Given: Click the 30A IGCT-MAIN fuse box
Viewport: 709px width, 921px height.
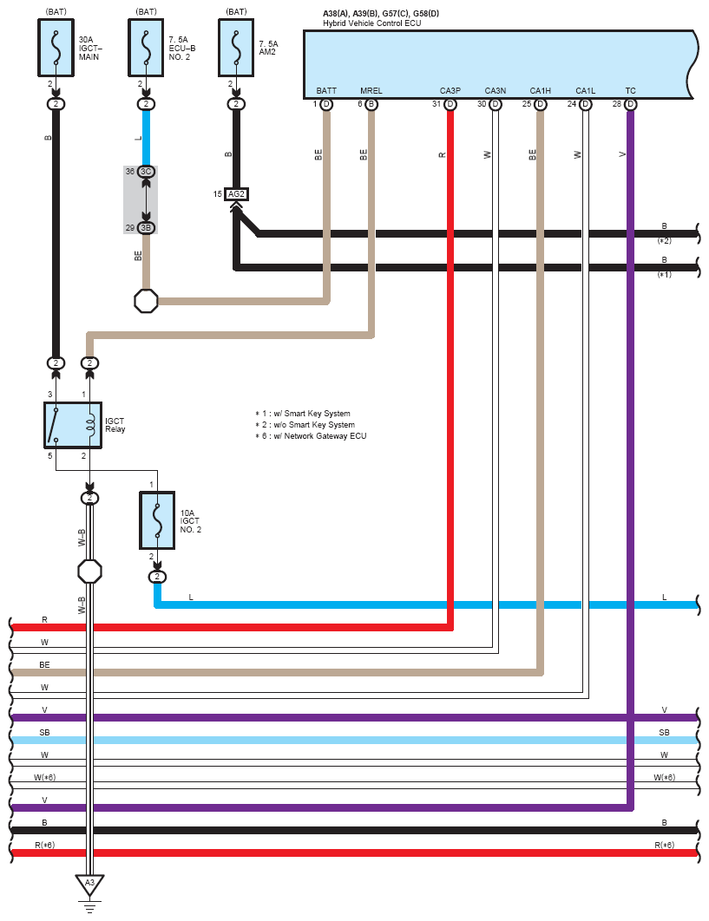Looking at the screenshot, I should tap(56, 48).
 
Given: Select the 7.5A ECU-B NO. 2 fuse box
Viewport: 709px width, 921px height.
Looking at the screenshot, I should tap(146, 48).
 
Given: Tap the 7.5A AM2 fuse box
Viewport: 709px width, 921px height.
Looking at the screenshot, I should tap(235, 48).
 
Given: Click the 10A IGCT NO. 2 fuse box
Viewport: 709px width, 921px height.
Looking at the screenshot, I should tap(157, 520).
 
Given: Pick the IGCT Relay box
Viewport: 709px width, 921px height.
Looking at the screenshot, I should tap(72, 425).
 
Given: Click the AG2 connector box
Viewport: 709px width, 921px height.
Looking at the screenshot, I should tap(236, 194).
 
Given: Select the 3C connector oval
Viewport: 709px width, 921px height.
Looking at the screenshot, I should tap(146, 172).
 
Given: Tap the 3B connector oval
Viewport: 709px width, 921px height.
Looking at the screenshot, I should tap(146, 227).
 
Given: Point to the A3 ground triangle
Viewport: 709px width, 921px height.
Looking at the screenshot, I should tap(87, 884).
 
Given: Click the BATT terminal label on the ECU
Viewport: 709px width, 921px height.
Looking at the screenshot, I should tap(326, 90).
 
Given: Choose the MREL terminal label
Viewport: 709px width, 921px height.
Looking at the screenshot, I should tap(371, 90).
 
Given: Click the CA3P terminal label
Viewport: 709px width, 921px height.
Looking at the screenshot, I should tap(450, 90).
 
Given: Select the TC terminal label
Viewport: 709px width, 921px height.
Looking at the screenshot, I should tap(630, 90).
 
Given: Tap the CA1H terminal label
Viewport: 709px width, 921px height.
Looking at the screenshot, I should tap(540, 90).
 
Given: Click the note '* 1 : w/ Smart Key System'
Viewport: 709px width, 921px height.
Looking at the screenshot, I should tap(303, 414).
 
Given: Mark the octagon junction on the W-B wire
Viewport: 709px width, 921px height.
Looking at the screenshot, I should tap(90, 571).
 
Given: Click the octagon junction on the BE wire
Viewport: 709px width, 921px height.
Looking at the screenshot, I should tap(146, 301).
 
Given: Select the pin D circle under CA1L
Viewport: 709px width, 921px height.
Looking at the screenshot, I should tap(586, 104).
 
